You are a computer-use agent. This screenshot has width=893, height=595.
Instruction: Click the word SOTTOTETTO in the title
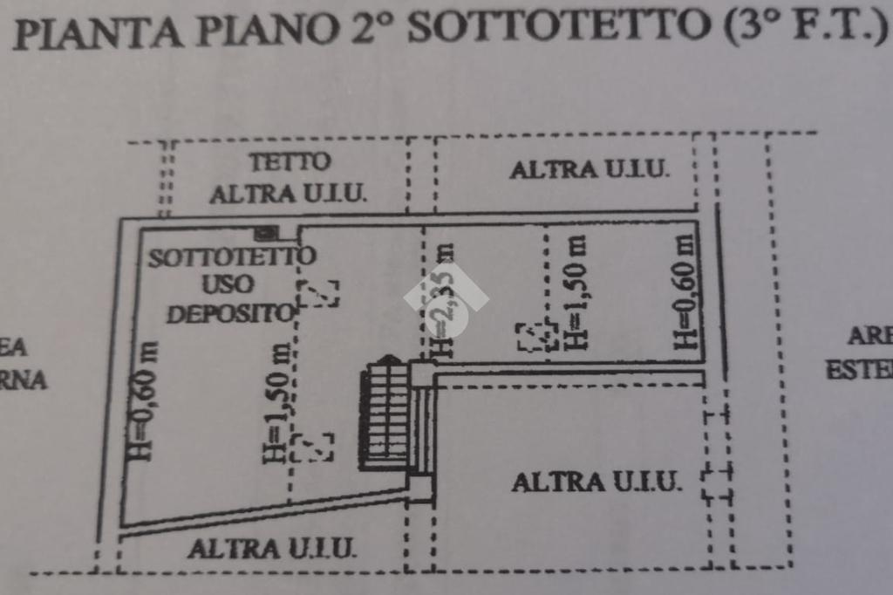coord(557,28)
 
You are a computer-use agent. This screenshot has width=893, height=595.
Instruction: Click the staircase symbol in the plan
coord(386,415)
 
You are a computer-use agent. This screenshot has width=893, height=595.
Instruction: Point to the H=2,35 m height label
coord(445,301)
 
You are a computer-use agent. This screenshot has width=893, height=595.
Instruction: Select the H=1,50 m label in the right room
coord(576,295)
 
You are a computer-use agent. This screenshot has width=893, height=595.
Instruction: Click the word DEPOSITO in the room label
coord(228,313)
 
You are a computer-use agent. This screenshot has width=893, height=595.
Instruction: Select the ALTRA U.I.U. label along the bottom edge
coord(271,549)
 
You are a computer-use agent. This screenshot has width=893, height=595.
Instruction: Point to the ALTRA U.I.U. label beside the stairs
coord(596,481)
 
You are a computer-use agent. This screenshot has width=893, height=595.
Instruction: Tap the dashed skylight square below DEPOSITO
coord(318,293)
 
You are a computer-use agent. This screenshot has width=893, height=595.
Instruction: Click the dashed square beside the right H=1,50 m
coord(535,337)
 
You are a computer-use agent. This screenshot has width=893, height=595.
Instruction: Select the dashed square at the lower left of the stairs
coord(312,447)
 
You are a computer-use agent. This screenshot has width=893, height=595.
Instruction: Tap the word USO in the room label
coord(228,284)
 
